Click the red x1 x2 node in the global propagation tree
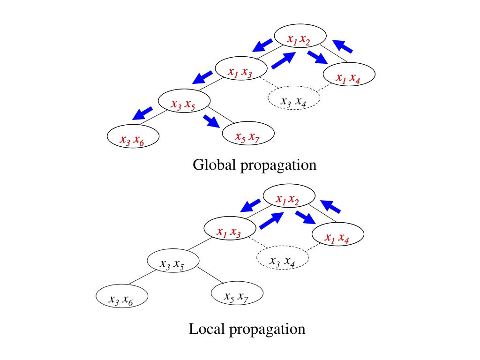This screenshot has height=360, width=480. point(299,39)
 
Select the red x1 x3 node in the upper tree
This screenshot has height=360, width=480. point(240,72)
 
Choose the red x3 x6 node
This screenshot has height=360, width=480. point(132,140)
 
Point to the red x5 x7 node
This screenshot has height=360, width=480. point(247,136)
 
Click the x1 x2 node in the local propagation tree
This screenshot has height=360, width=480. point(287,199)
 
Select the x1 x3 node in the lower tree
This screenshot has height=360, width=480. point(229,231)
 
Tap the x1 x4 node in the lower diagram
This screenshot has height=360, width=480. point(337,238)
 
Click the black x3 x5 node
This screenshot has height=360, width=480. point(172,264)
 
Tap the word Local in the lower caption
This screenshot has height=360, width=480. point(207,329)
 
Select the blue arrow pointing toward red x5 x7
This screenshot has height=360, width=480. point(211,121)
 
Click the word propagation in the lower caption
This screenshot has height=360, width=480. point(268,330)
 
